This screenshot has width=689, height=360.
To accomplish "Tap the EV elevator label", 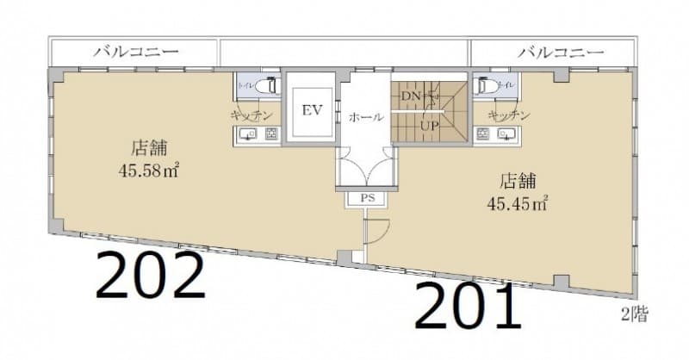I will pyautogui.click(x=311, y=110).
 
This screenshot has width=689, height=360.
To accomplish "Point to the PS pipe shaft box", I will pyautogui.click(x=366, y=199).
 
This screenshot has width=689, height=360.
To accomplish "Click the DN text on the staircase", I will pyautogui.click(x=411, y=96).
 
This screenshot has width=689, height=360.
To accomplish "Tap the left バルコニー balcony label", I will pyautogui.click(x=135, y=52).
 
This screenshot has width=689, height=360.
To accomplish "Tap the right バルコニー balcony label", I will pyautogui.click(x=561, y=52).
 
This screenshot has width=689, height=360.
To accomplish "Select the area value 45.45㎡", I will pyautogui.click(x=518, y=203).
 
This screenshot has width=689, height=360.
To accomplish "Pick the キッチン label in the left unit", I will pyautogui.click(x=251, y=114).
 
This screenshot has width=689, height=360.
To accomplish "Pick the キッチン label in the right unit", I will pyautogui.click(x=508, y=114).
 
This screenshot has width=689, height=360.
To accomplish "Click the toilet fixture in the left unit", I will pyautogui.click(x=270, y=86).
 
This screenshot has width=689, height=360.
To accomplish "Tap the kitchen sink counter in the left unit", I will pyautogui.click(x=258, y=134).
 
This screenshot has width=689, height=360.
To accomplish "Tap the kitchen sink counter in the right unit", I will pyautogui.click(x=495, y=134).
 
